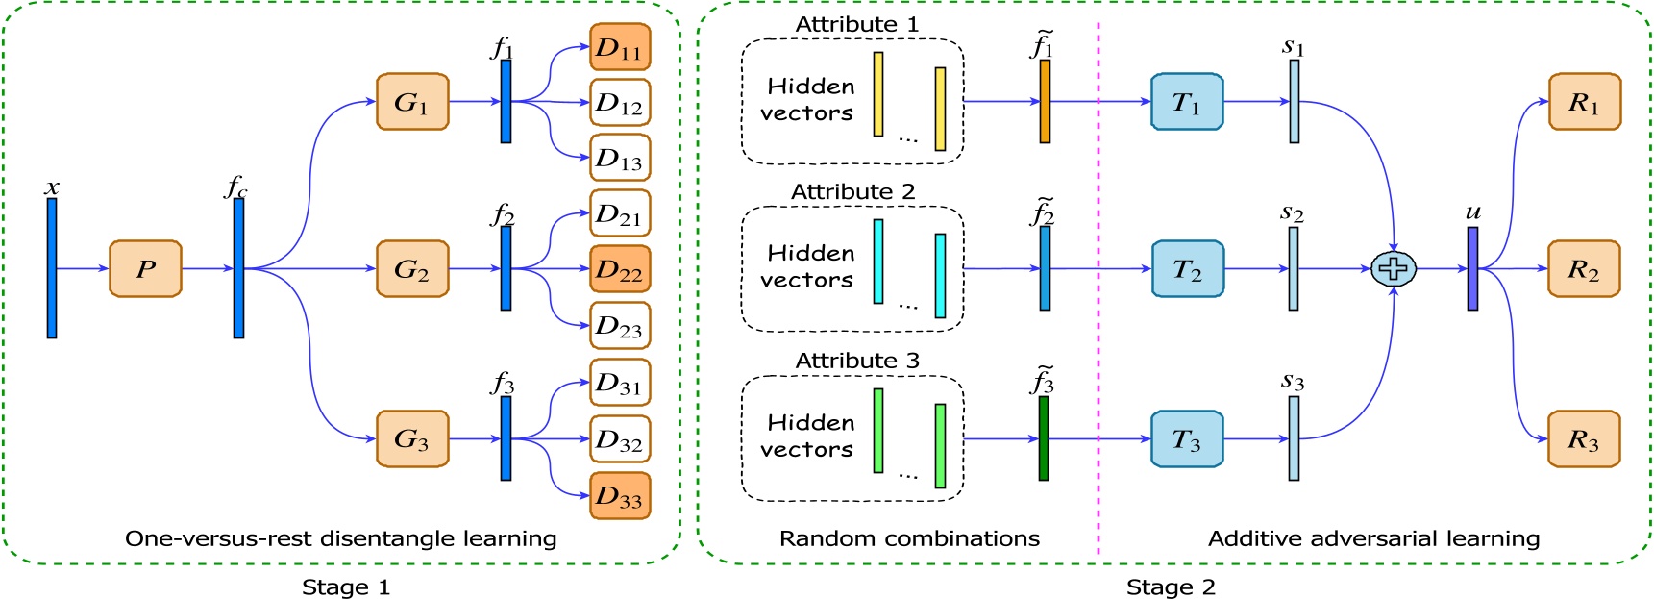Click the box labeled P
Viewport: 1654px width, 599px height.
(145, 268)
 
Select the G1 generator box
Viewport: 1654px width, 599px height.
(412, 101)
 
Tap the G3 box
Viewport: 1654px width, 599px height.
(412, 438)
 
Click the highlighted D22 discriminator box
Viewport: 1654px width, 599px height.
(620, 269)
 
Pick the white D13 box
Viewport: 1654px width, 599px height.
(620, 158)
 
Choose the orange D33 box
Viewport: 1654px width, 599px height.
(620, 496)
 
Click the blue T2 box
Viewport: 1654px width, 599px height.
(1187, 269)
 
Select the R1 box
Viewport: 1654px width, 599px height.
(1584, 101)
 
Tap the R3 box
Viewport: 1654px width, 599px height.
(1584, 438)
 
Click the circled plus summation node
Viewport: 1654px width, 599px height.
(1393, 269)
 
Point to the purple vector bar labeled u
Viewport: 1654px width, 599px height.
(1472, 269)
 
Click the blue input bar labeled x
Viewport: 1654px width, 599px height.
(52, 268)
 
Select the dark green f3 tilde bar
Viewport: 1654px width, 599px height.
(1044, 438)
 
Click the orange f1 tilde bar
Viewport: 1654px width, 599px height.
(1045, 101)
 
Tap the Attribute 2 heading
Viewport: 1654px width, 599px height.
(852, 191)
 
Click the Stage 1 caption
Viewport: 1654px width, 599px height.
(346, 587)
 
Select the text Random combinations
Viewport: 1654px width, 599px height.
(909, 538)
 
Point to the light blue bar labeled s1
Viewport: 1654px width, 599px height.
(1295, 101)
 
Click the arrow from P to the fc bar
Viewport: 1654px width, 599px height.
(207, 268)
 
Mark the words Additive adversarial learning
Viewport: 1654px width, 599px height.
(1373, 538)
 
